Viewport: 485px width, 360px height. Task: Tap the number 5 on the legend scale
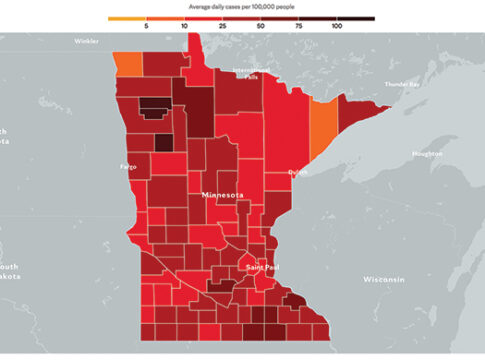[147, 25]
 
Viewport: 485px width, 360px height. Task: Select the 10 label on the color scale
[185, 25]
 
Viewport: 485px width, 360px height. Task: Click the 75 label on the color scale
[299, 25]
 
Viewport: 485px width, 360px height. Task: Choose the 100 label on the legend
[337, 25]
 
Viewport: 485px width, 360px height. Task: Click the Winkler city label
[87, 41]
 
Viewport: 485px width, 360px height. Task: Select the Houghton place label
[426, 153]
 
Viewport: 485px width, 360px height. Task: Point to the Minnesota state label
[223, 194]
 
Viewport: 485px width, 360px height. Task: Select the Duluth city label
[299, 172]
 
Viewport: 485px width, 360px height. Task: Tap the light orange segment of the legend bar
[128, 17]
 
